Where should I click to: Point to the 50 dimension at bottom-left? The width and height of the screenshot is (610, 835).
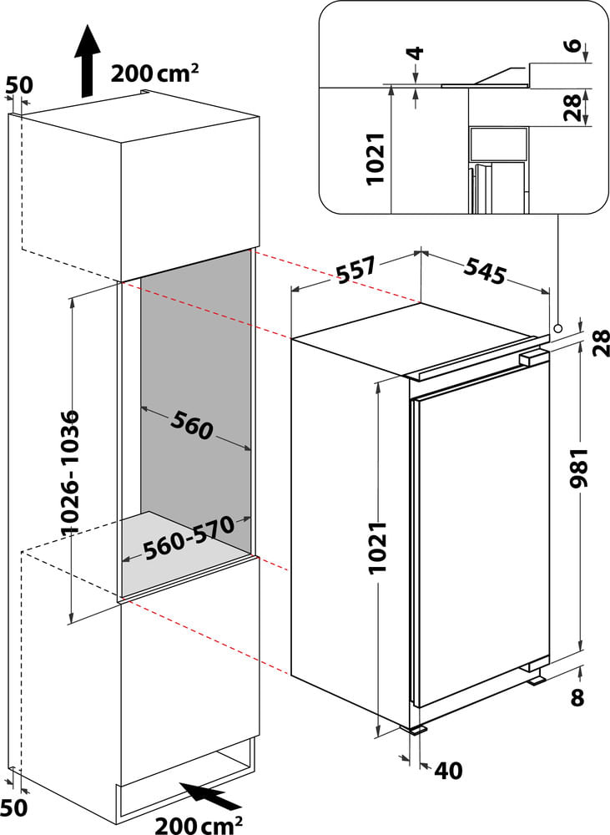click(x=16, y=807)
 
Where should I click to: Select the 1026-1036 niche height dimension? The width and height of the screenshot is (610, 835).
click(x=72, y=473)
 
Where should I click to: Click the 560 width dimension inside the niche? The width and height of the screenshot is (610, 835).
click(x=193, y=426)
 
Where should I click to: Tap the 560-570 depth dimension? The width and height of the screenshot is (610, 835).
click(x=185, y=540)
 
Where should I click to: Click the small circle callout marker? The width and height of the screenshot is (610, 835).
click(x=557, y=328)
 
